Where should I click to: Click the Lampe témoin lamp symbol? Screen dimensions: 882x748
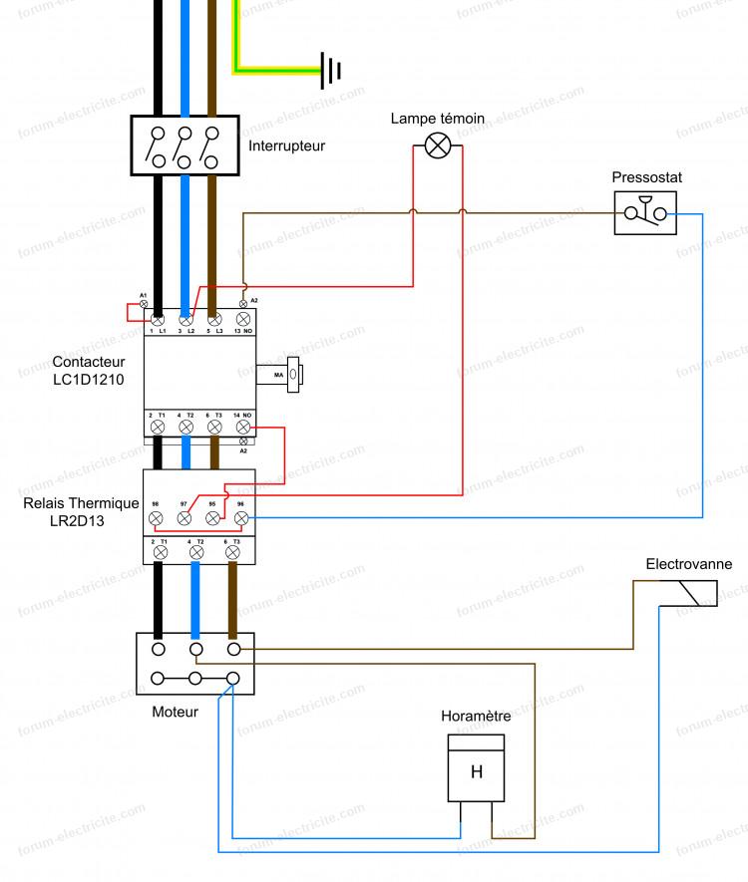click(438, 146)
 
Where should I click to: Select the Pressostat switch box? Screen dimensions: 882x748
click(645, 212)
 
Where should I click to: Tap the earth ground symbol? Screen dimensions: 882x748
click(332, 70)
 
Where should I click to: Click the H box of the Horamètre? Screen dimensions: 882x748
click(476, 771)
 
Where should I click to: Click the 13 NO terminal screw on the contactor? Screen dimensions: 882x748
click(241, 319)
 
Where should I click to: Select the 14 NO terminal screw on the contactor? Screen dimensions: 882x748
click(242, 427)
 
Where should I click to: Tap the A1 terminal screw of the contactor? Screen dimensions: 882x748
click(144, 303)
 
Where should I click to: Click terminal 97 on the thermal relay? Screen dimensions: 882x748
click(185, 519)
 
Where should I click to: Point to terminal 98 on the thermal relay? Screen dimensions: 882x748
click(156, 519)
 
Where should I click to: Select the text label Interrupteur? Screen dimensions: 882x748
click(286, 146)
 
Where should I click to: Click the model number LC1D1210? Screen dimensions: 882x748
click(89, 379)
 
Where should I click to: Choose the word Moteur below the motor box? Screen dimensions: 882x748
click(175, 712)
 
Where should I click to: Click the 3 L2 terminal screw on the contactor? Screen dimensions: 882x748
click(186, 319)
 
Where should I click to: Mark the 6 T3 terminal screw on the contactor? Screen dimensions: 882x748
click(213, 427)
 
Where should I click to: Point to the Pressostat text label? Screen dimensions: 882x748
click(647, 177)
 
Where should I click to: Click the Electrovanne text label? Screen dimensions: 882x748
click(689, 564)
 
